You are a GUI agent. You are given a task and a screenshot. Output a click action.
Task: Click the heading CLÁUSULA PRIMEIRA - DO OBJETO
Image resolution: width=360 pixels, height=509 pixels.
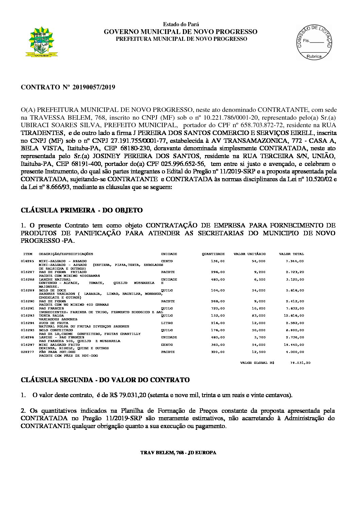pyautogui.click(x=82, y=210)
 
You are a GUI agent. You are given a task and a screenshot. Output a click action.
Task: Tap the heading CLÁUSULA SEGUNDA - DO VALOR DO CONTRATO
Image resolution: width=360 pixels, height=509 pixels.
pyautogui.click(x=105, y=380)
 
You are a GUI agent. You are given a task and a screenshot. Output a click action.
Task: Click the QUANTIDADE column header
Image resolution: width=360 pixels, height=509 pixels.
pyautogui.click(x=213, y=254)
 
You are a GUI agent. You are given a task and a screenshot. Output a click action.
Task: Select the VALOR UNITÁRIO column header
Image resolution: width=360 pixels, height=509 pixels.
pyautogui.click(x=249, y=254)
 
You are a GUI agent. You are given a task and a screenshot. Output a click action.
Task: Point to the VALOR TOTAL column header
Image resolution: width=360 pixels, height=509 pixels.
pyautogui.click(x=291, y=254)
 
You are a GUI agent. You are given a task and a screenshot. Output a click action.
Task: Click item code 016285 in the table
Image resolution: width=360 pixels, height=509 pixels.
pyautogui.click(x=27, y=261)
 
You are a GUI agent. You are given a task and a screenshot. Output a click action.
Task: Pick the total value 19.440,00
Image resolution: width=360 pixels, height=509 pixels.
pyautogui.click(x=295, y=345)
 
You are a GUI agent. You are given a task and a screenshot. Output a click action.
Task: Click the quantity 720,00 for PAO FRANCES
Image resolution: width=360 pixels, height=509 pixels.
pyautogui.click(x=218, y=308)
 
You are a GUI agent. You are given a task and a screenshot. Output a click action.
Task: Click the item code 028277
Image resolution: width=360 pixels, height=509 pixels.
pyautogui.click(x=27, y=352)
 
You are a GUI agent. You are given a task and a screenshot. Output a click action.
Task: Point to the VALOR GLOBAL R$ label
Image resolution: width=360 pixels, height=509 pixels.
pyautogui.click(x=257, y=363)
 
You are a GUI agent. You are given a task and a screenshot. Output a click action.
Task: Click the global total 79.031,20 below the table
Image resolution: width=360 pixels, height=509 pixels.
pyautogui.click(x=300, y=363)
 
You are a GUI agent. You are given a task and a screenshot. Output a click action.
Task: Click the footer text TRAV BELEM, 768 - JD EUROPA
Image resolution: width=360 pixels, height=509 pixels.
pyautogui.click(x=178, y=453)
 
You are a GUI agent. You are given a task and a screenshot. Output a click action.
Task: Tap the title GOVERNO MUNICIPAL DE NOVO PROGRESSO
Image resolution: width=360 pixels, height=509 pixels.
pyautogui.click(x=180, y=32)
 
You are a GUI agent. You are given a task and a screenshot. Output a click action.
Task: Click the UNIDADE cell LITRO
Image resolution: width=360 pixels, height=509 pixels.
pyautogui.click(x=167, y=323)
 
